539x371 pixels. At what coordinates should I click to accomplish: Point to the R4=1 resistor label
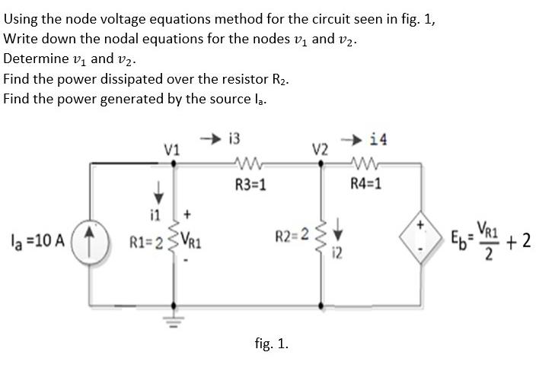pyautogui.click(x=365, y=183)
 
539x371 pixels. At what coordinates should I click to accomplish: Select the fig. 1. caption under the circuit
pyautogui.click(x=271, y=344)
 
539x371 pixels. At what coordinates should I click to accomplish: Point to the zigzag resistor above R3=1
pyautogui.click(x=250, y=162)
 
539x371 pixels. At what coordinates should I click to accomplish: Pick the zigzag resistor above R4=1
pyautogui.click(x=365, y=162)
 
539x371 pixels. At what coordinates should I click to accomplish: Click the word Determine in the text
pyautogui.click(x=35, y=58)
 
